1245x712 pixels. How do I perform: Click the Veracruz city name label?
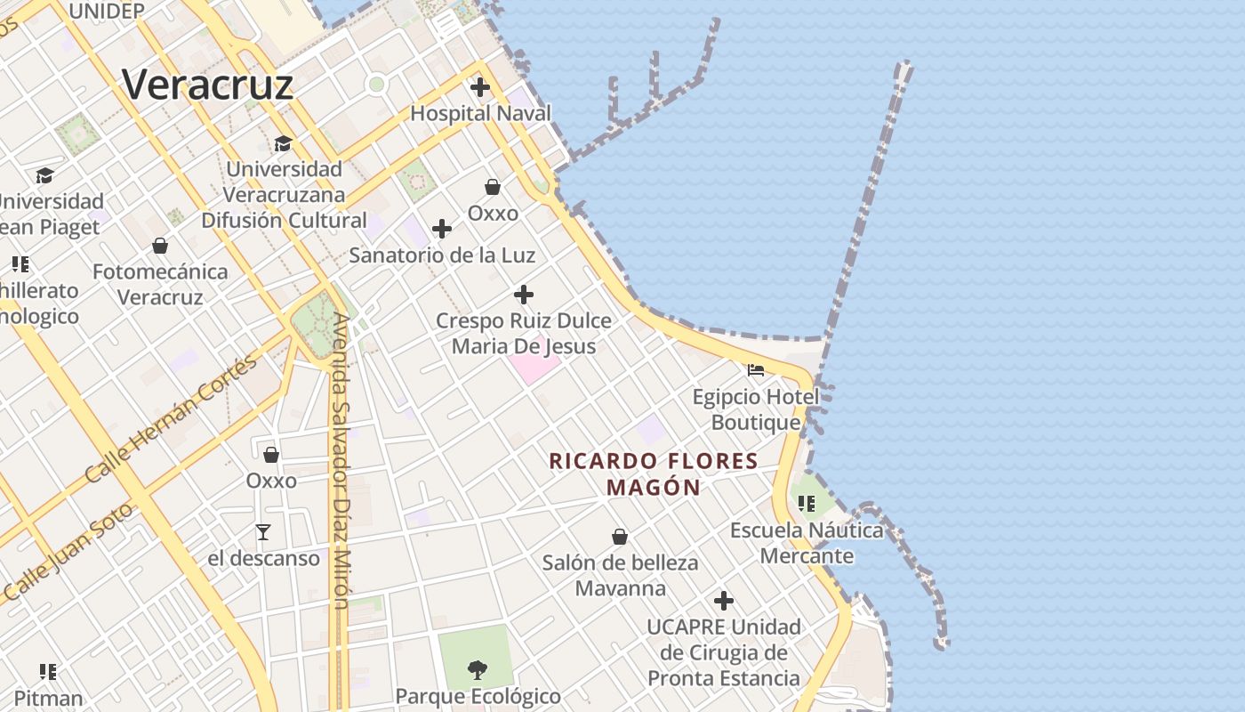point(208,85)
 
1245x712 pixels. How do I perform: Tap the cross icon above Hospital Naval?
point(480,87)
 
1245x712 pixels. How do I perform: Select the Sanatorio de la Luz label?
point(442,255)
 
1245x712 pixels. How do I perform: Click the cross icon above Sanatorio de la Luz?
point(442,230)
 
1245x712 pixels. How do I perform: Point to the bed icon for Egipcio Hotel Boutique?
point(756,370)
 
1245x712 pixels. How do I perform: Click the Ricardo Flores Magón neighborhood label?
point(654,473)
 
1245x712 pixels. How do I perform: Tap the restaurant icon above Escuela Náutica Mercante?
point(807,505)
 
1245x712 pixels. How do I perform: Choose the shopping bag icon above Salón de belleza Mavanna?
point(620,537)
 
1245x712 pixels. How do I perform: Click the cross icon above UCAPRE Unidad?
point(724,601)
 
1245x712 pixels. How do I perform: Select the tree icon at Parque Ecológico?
point(478,669)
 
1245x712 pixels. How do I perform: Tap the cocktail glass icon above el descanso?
point(263,532)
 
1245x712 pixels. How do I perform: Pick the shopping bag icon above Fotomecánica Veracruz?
point(160,246)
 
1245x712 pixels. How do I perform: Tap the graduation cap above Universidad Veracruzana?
point(284,143)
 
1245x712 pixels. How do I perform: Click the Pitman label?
point(49,699)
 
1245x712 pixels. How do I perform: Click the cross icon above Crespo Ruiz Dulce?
point(524,295)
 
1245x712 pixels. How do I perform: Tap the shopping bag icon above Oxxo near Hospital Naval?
point(493,187)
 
